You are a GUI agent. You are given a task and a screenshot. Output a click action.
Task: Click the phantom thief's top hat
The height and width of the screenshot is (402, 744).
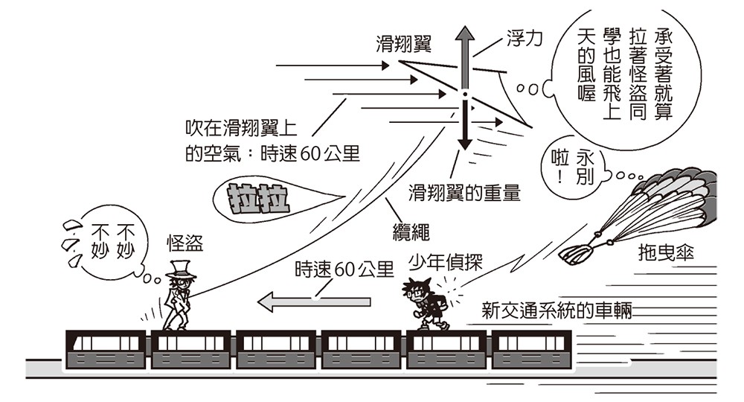pos(181,267)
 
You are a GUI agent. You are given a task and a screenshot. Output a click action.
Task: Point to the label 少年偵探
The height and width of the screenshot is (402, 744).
pos(446,261)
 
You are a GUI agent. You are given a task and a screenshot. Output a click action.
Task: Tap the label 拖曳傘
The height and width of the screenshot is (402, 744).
pos(666,253)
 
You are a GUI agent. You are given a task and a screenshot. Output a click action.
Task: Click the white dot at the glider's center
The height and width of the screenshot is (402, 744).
pos(464,95)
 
